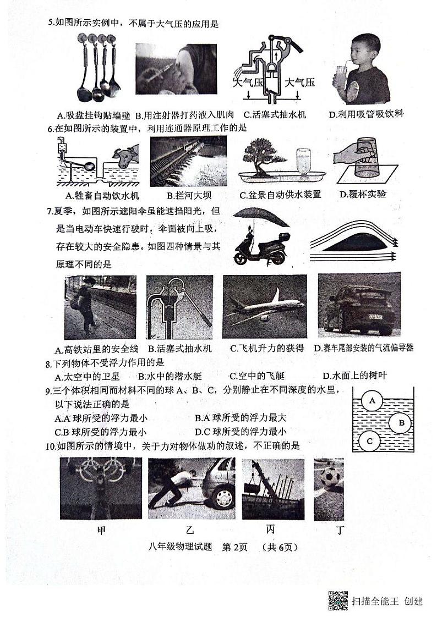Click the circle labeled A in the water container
pyautogui.click(x=373, y=400)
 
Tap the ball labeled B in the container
pyautogui.click(x=401, y=422)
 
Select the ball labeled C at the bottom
pyautogui.click(x=370, y=440)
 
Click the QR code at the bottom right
pyautogui.click(x=338, y=600)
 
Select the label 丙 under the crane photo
pyautogui.click(x=270, y=530)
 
